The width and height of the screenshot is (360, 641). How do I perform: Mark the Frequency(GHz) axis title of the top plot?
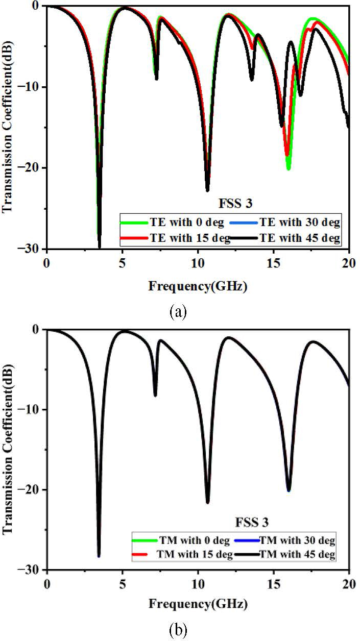tap(198, 286)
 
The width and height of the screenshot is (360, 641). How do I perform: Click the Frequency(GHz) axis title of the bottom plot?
tap(198, 605)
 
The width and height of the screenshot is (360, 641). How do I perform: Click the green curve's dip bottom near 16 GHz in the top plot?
tap(289, 168)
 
